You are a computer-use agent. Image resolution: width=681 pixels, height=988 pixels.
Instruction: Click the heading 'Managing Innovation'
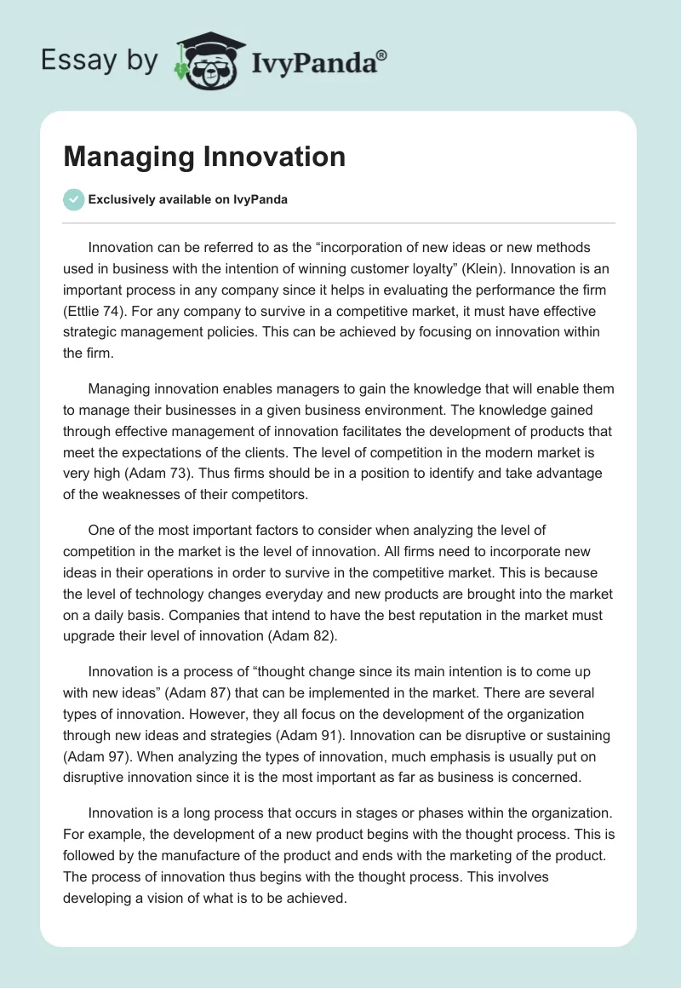point(204,157)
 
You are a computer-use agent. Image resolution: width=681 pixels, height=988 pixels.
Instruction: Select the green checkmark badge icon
point(74,199)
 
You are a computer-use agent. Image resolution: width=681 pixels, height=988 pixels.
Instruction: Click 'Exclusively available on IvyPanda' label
point(188,199)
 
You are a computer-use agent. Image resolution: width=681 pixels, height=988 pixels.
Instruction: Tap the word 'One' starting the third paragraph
point(100,530)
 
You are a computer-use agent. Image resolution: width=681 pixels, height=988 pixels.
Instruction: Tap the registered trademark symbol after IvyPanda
point(382,54)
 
